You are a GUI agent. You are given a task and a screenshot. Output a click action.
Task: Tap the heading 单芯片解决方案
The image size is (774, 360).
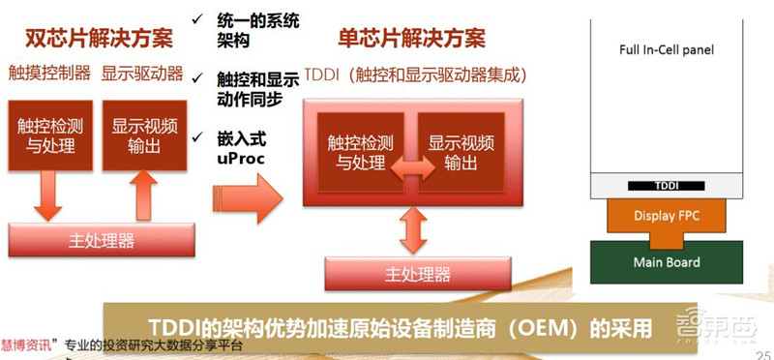click(x=410, y=40)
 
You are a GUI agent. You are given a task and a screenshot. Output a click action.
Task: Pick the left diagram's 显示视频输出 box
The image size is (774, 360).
click(x=142, y=136)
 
